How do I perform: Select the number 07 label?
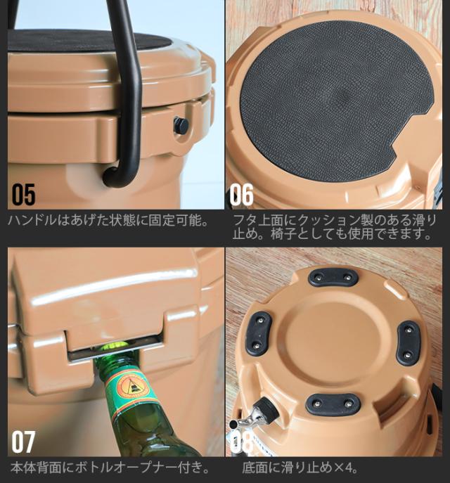pyautogui.click(x=22, y=442)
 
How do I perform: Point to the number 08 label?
pyautogui.click(x=243, y=442)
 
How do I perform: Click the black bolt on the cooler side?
pyautogui.click(x=181, y=126)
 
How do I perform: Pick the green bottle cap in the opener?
pyautogui.click(x=115, y=347)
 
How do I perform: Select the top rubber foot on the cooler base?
pyautogui.click(x=333, y=278)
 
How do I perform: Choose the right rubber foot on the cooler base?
pyautogui.click(x=409, y=342)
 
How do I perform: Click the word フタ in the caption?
pyautogui.click(x=243, y=220)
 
